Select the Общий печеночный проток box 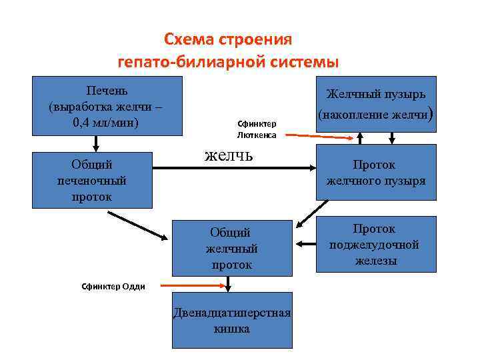pyautogui.click(x=92, y=180)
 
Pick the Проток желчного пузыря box pyautogui.click(x=376, y=173)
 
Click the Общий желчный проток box pyautogui.click(x=232, y=248)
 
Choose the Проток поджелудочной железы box pyautogui.click(x=376, y=244)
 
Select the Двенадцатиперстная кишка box pyautogui.click(x=232, y=320)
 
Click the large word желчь pyautogui.click(x=229, y=155)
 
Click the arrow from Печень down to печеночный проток pyautogui.click(x=96, y=143)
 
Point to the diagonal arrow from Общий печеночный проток pyautogui.click(x=137, y=227)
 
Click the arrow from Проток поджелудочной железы pyautogui.click(x=305, y=244)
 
